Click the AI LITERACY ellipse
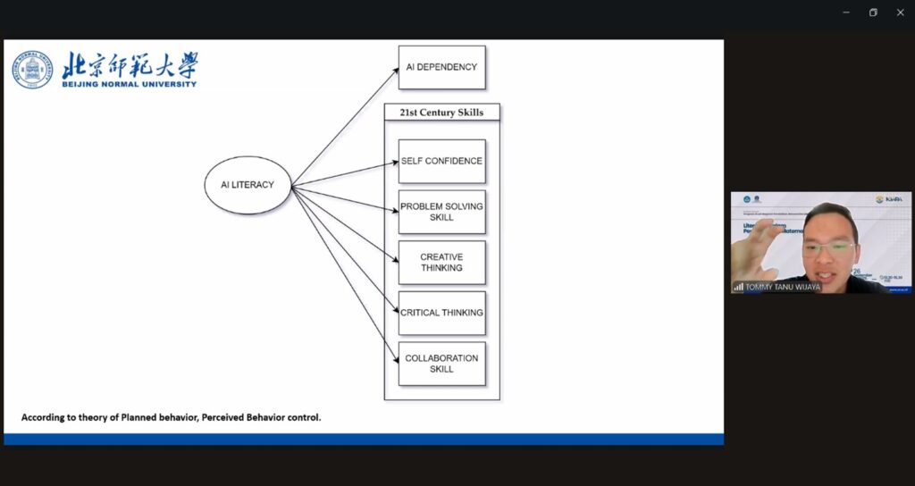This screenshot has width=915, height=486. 248,185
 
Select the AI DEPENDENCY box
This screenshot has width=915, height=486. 441,67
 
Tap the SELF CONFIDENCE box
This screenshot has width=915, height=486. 441,161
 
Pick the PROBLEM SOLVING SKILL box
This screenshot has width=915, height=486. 441,212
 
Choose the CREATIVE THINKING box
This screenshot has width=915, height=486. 441,263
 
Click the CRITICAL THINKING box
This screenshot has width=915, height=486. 441,313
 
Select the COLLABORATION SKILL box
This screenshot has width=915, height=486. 441,364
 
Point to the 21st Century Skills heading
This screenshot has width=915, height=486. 441,113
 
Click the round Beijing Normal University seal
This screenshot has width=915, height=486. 32,70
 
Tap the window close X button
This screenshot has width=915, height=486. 900,13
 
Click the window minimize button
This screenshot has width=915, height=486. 846,13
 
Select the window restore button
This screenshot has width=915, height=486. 873,13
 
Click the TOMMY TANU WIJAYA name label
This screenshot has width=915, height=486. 782,287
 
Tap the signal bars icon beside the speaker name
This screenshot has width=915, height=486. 739,287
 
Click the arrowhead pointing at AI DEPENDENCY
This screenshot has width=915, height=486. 395,71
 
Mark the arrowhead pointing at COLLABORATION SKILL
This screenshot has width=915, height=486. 395,360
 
